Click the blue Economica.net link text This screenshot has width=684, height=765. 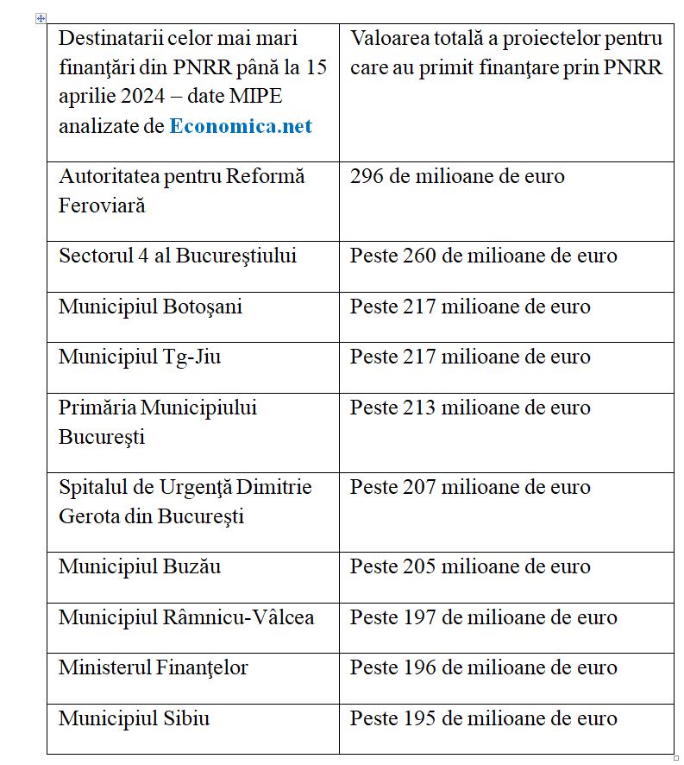pos(241,126)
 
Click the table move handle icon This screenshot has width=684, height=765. pos(41,18)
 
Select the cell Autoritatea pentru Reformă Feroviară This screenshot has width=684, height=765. pos(181,191)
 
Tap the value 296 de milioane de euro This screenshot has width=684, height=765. pos(457,177)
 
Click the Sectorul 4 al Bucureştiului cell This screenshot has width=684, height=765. pos(178,256)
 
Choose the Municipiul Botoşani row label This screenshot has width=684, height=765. pos(150,307)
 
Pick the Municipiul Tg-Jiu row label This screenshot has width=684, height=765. pos(140,357)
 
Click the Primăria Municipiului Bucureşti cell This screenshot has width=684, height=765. pos(158,421)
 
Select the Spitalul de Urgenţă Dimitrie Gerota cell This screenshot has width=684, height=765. pos(185,501)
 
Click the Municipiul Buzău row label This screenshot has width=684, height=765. pos(140,566)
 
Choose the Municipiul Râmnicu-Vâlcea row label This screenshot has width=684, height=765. pos(186,617)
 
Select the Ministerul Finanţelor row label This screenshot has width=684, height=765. pos(154,667)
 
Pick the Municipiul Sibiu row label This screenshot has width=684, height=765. pos(134,718)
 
